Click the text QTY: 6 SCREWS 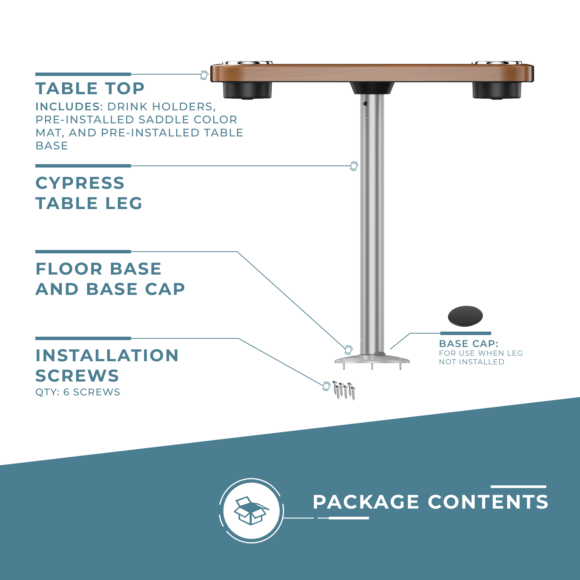(x=78, y=392)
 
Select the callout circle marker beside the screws (x=326, y=386)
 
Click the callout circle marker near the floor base (x=348, y=350)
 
